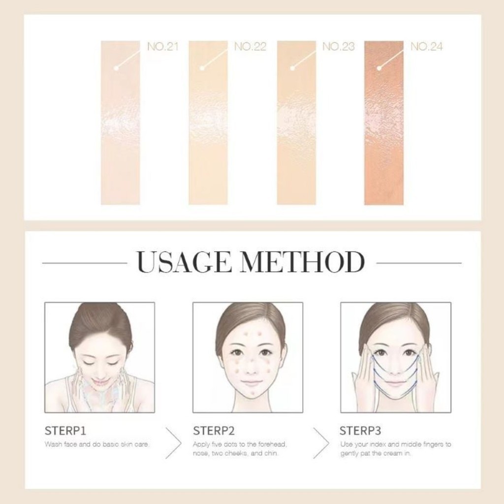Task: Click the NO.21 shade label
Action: click(x=162, y=47)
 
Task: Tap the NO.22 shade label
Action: click(x=250, y=47)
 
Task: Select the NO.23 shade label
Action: click(x=338, y=47)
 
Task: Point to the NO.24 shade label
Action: click(x=426, y=47)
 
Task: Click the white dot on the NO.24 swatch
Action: click(x=379, y=68)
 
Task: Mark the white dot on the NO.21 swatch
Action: click(x=116, y=68)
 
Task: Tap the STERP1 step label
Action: click(x=65, y=431)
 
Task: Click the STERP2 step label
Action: click(x=214, y=431)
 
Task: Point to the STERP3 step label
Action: click(x=360, y=431)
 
